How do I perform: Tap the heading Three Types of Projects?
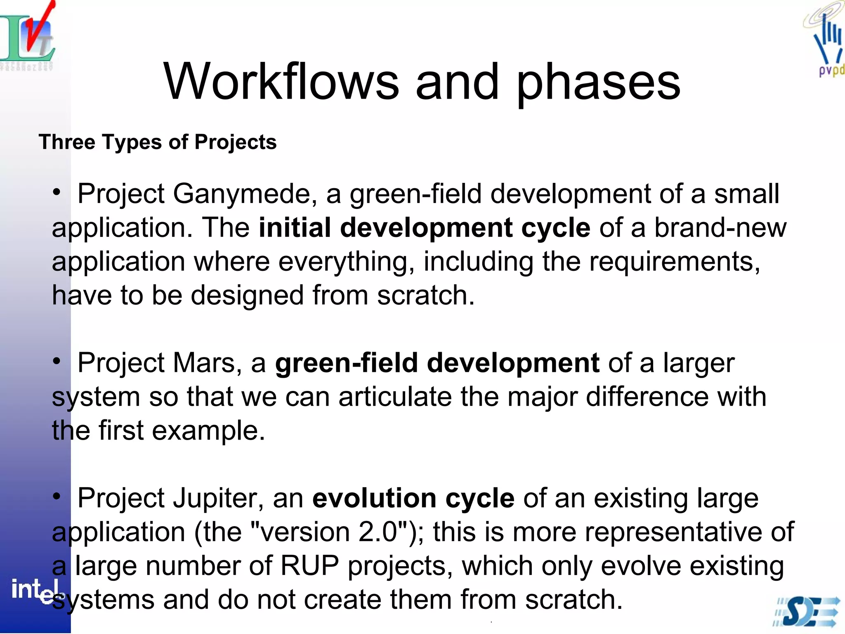click(x=157, y=142)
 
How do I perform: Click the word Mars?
click(x=203, y=363)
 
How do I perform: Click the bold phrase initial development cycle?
click(x=424, y=228)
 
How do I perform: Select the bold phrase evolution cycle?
click(x=413, y=498)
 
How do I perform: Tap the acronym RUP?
click(x=309, y=565)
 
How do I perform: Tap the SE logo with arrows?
click(x=807, y=612)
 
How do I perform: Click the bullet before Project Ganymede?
click(x=57, y=192)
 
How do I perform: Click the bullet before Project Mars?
click(x=57, y=361)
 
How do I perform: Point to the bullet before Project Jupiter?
click(x=57, y=496)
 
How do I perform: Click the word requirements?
click(x=674, y=262)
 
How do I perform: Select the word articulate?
click(x=395, y=397)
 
